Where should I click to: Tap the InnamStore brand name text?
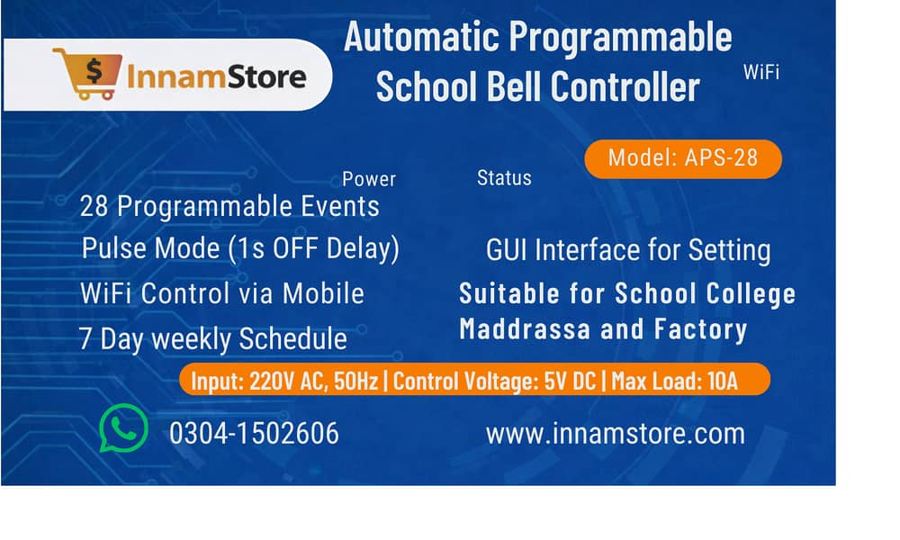[x=216, y=76]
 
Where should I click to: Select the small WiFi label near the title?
[x=760, y=73]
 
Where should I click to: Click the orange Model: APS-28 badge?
[x=682, y=158]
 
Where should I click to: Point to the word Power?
[x=369, y=179]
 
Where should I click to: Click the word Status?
[x=504, y=178]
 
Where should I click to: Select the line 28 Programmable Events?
[x=229, y=207]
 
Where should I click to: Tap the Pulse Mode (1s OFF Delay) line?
[x=240, y=248]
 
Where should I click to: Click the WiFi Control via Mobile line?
[x=222, y=293]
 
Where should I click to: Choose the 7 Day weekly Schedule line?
[x=213, y=339]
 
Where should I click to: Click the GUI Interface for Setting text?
[x=628, y=250]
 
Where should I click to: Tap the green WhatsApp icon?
[x=123, y=428]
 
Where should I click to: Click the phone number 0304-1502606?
[x=254, y=434]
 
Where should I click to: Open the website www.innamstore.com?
[x=616, y=434]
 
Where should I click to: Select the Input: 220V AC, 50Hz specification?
[x=286, y=381]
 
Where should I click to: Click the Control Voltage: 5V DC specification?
[x=495, y=381]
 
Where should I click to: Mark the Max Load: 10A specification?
[x=675, y=381]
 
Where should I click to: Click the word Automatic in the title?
[x=421, y=38]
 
